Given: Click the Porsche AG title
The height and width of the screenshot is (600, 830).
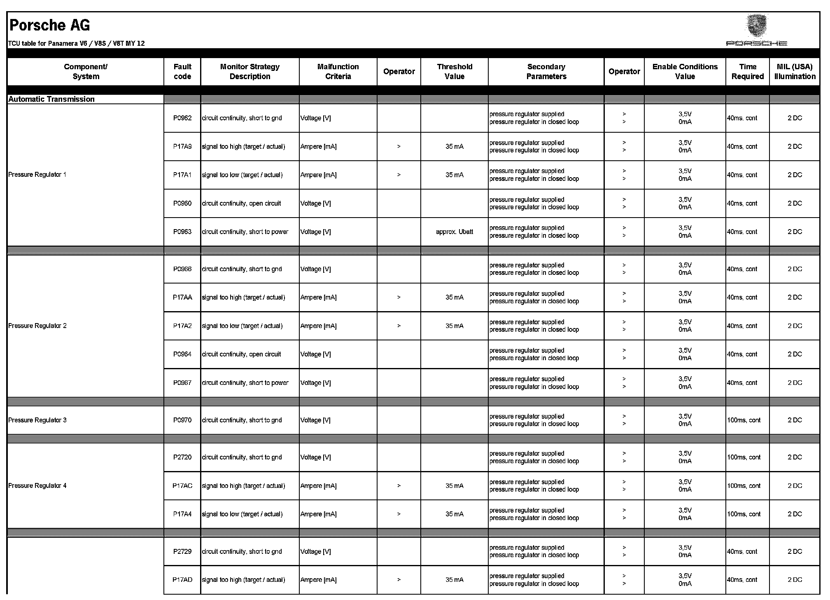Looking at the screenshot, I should pyautogui.click(x=49, y=26).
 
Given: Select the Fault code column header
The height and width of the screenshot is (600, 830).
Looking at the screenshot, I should pyautogui.click(x=182, y=71).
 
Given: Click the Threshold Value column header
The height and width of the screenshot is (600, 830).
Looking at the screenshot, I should pyautogui.click(x=455, y=71).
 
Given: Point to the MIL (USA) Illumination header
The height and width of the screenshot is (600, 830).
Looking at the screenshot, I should pyautogui.click(x=795, y=71).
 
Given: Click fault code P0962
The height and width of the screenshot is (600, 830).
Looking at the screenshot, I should pyautogui.click(x=182, y=118).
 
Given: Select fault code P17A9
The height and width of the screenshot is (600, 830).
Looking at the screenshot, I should pyautogui.click(x=182, y=146).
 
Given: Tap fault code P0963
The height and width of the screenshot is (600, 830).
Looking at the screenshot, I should pyautogui.click(x=182, y=232).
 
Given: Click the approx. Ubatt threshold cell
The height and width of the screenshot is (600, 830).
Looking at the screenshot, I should pyautogui.click(x=455, y=232).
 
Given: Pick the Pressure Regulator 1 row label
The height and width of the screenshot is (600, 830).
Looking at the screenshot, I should pyautogui.click(x=37, y=175).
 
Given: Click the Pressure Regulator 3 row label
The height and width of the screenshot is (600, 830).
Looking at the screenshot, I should pyautogui.click(x=37, y=420).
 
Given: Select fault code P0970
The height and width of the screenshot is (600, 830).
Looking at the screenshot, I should pyautogui.click(x=182, y=420).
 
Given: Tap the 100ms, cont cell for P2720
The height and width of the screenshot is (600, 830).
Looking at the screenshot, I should pyautogui.click(x=744, y=457).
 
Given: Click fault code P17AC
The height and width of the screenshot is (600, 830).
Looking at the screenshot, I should pyautogui.click(x=182, y=485).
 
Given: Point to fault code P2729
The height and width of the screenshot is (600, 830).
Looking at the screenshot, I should pyautogui.click(x=182, y=551).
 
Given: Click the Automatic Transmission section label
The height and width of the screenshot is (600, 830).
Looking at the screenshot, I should pyautogui.click(x=51, y=99).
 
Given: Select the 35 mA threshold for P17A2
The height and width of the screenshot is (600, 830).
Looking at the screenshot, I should pyautogui.click(x=455, y=326).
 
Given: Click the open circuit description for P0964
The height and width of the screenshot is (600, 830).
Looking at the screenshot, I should pyautogui.click(x=242, y=354).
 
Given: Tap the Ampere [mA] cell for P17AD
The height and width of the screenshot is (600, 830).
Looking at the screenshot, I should pyautogui.click(x=318, y=580).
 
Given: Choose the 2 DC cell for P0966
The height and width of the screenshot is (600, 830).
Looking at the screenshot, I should pyautogui.click(x=795, y=269).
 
